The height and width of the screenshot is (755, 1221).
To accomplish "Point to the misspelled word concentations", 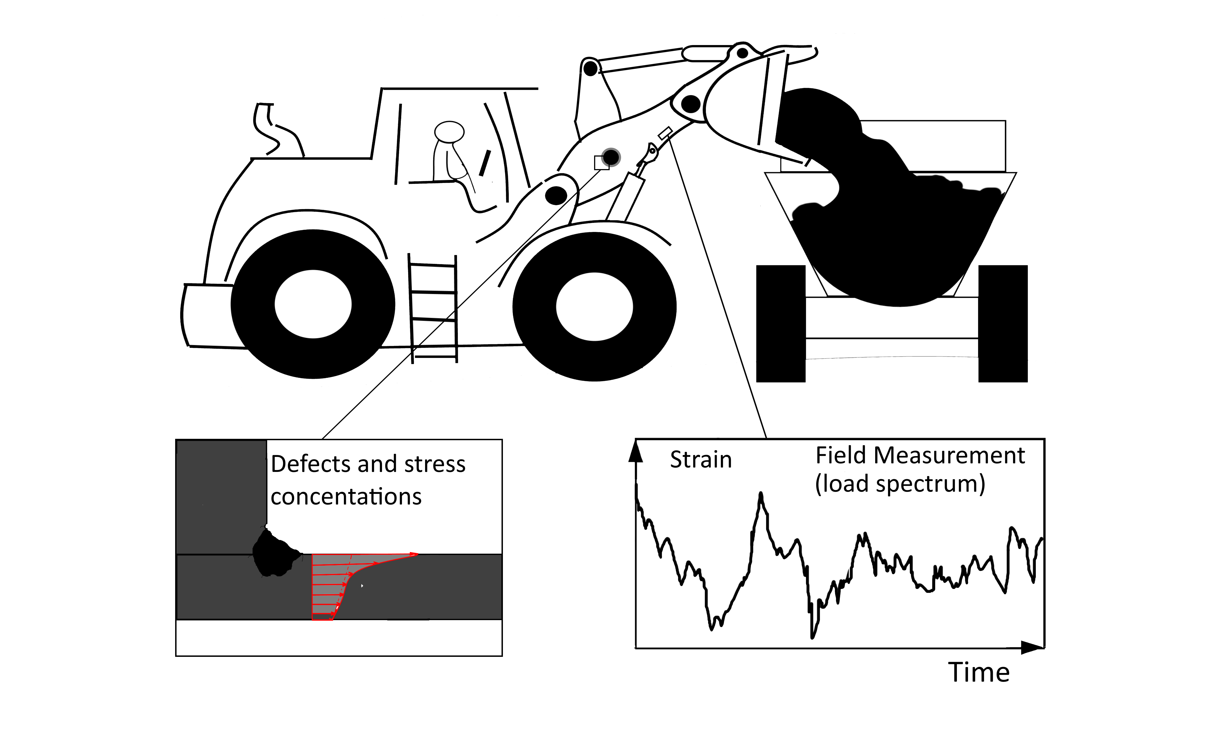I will tap(346, 497).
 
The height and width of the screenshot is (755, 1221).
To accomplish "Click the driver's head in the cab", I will tap(449, 132).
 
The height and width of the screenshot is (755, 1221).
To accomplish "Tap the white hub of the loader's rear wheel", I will tap(313, 304).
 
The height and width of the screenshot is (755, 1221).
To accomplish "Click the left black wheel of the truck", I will tap(781, 324).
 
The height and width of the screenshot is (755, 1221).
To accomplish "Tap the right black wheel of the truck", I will tap(1002, 324).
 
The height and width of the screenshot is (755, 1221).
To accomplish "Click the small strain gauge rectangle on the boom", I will tap(665, 133).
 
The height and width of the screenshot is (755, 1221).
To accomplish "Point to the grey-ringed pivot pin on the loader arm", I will tap(611, 158).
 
